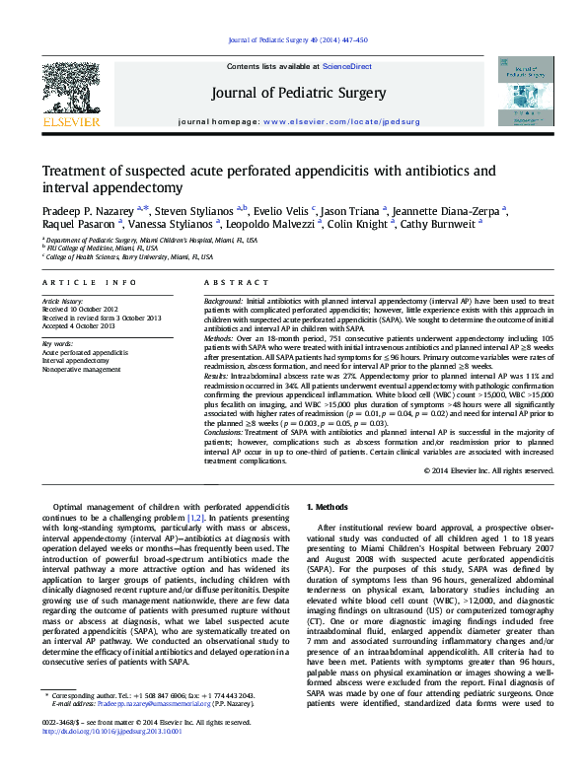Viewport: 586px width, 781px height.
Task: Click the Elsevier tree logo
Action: coord(70,92)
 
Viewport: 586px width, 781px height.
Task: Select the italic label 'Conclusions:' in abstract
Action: coord(226,432)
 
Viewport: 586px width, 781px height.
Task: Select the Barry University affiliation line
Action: coord(128,256)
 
